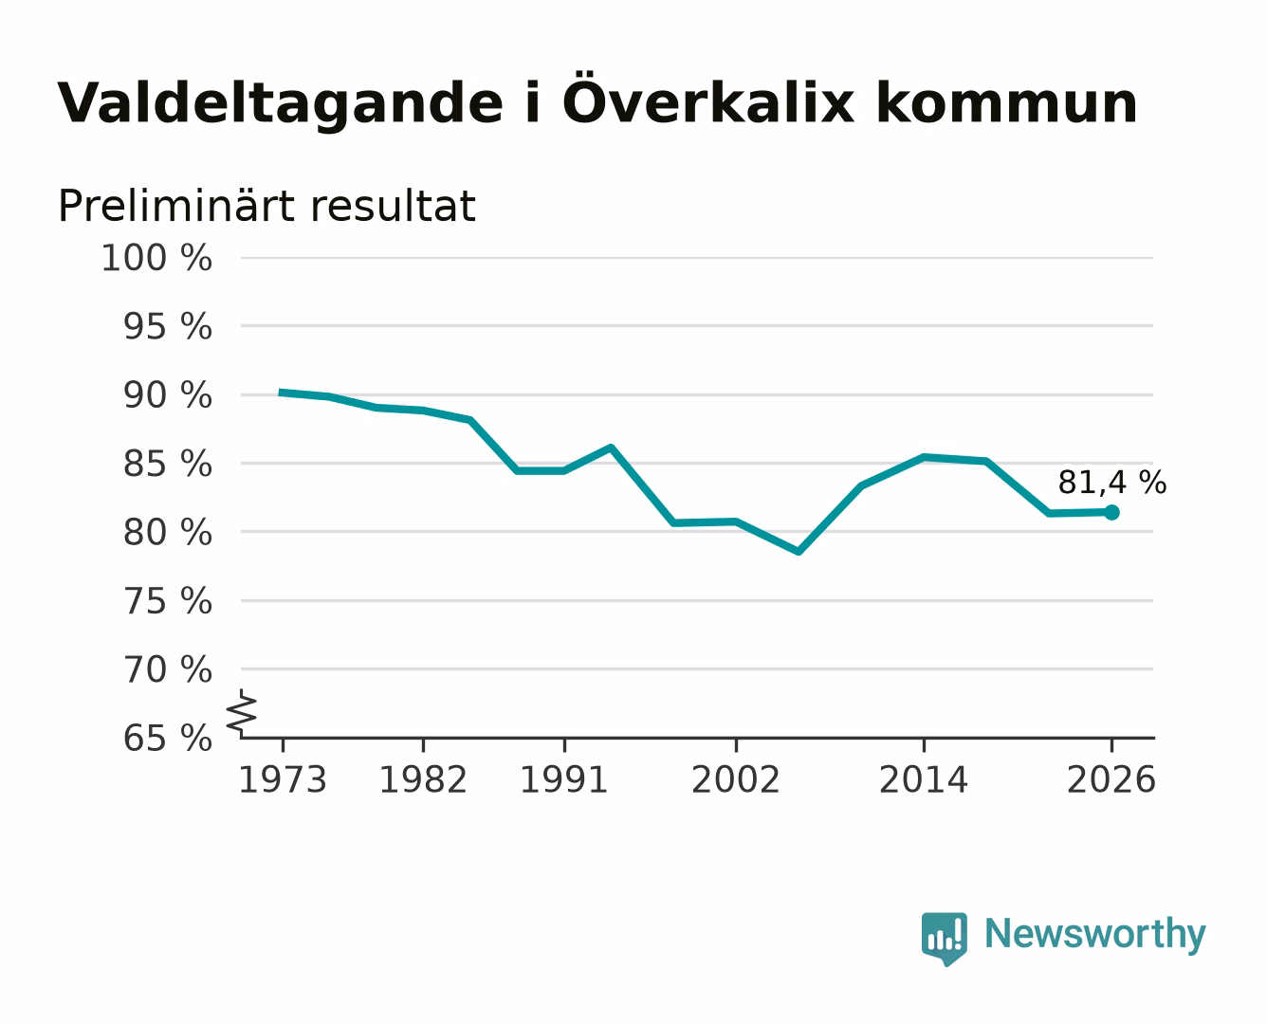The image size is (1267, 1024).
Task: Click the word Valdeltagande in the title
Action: (280, 104)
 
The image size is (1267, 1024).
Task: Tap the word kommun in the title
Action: (1006, 103)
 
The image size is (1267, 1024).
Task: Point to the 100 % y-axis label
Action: (156, 258)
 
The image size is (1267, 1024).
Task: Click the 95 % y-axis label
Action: (168, 326)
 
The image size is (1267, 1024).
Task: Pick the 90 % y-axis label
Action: (168, 394)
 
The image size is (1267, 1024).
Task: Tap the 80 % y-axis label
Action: (168, 532)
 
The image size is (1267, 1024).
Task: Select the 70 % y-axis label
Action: (168, 669)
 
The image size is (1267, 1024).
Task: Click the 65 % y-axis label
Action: (168, 738)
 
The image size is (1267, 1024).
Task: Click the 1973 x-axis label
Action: (283, 779)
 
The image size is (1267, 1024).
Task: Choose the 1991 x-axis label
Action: (564, 779)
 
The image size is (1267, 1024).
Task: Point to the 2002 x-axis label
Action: (735, 779)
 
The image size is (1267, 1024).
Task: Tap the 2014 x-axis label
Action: (923, 779)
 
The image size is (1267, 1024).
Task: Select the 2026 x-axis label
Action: (1111, 779)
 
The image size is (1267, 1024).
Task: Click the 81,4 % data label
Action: (1111, 482)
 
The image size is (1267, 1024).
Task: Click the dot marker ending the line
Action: (1111, 512)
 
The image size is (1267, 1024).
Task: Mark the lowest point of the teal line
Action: (799, 552)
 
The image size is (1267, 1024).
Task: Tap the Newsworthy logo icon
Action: (944, 939)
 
